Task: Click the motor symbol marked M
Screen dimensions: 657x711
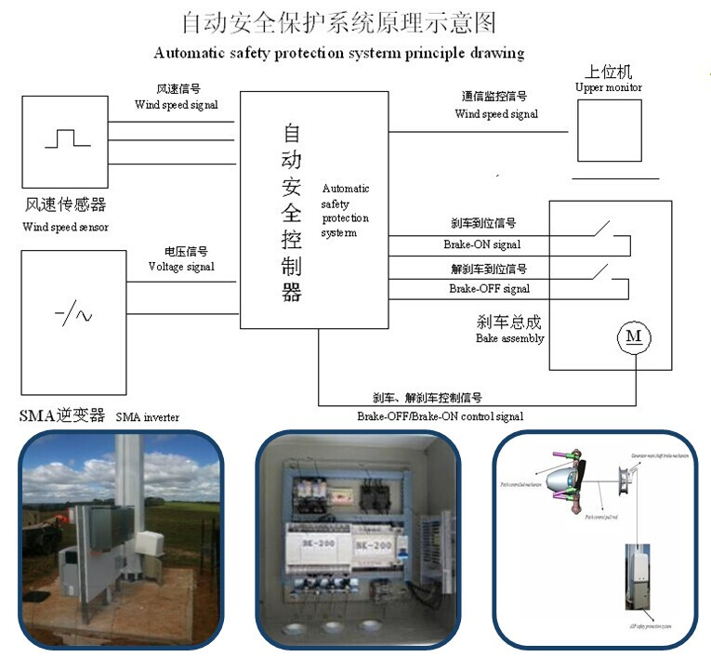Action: pos(634,337)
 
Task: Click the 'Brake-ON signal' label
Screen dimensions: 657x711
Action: pos(481,245)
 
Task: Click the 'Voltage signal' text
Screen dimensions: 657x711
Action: pos(181,267)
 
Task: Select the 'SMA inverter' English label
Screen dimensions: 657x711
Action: pos(148,417)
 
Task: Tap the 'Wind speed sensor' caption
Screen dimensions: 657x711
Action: pos(65,227)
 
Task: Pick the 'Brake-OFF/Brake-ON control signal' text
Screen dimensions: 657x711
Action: pos(440,416)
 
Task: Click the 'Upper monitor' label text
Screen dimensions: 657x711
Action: pos(609,87)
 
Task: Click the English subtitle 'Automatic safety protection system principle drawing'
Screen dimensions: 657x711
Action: pos(339,53)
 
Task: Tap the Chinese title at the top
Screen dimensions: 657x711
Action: pos(339,21)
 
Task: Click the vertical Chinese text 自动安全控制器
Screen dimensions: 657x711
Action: pos(292,214)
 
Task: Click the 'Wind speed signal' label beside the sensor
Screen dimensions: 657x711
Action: pos(177,105)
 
